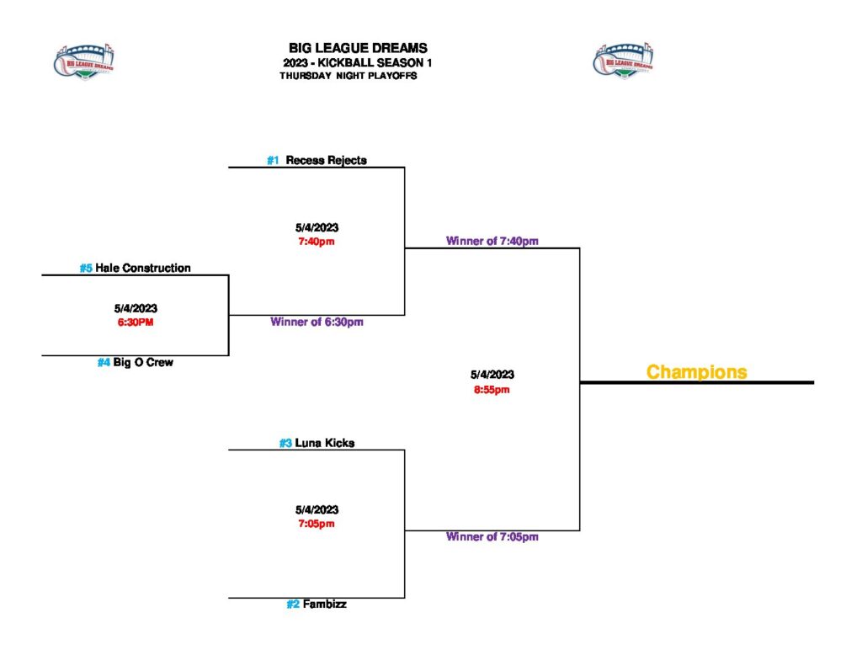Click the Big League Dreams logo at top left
pyautogui.click(x=84, y=61)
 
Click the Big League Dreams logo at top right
pyautogui.click(x=624, y=61)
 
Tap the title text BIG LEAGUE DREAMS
pyautogui.click(x=358, y=49)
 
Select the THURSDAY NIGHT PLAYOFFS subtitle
pyautogui.click(x=349, y=76)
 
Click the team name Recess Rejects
pyautogui.click(x=326, y=160)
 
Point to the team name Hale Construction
pyautogui.click(x=143, y=268)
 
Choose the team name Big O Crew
pyautogui.click(x=143, y=363)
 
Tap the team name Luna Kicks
pyautogui.click(x=324, y=443)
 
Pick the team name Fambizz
pyautogui.click(x=324, y=604)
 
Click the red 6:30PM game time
pyautogui.click(x=136, y=322)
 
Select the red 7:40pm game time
pyautogui.click(x=317, y=242)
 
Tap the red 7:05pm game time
pyautogui.click(x=317, y=524)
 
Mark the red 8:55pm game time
pyautogui.click(x=492, y=389)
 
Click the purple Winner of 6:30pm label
pyautogui.click(x=317, y=322)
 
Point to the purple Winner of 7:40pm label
pyautogui.click(x=492, y=241)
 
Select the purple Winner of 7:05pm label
pyautogui.click(x=492, y=536)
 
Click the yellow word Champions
pyautogui.click(x=696, y=371)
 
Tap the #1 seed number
pyautogui.click(x=273, y=160)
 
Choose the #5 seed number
pyautogui.click(x=86, y=268)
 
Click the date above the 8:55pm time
pyautogui.click(x=492, y=375)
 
